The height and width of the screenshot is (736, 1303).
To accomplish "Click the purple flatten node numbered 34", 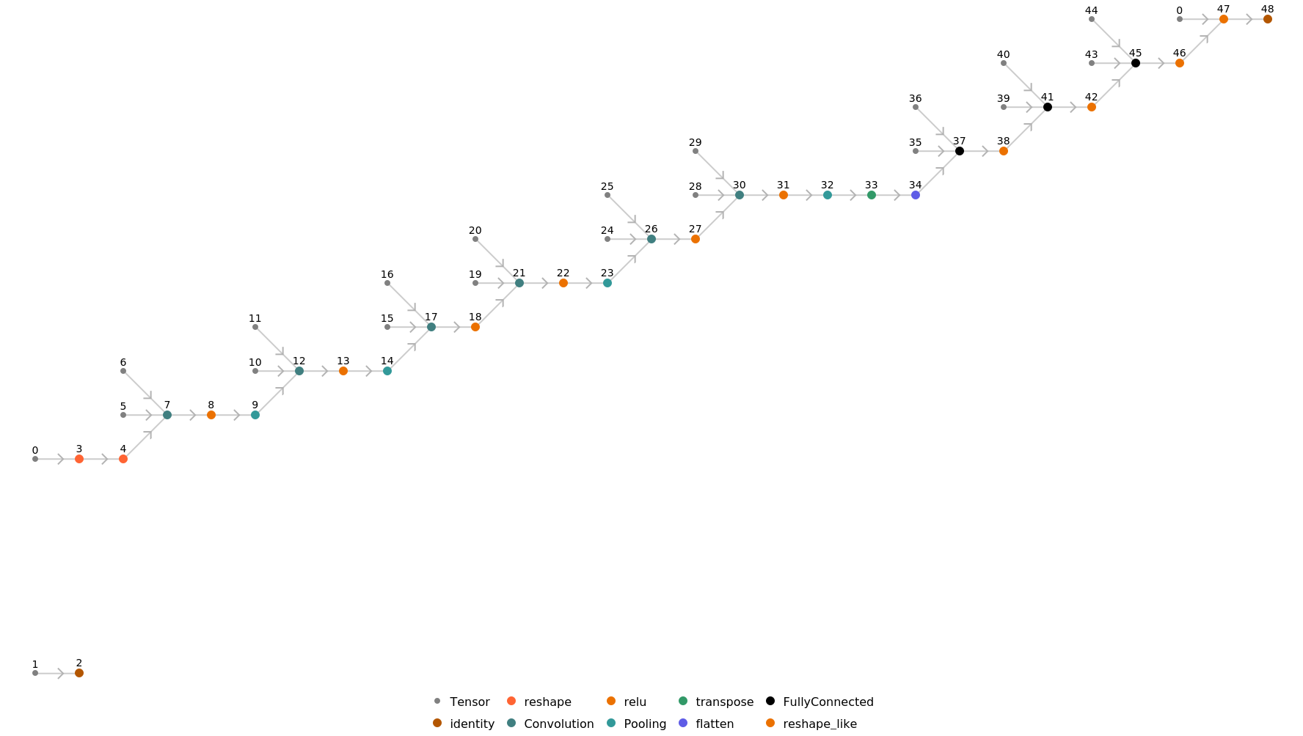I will click(916, 195).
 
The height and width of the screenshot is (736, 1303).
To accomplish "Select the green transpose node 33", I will click(872, 195).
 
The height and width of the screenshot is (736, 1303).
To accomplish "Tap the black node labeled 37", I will click(960, 151).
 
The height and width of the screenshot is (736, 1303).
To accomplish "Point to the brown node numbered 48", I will click(1268, 19).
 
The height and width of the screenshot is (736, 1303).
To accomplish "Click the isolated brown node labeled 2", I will click(79, 673).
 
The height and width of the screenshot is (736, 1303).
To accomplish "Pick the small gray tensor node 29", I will click(696, 151).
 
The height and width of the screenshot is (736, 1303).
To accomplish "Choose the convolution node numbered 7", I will click(167, 415).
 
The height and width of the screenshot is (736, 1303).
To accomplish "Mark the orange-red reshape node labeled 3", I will click(79, 459).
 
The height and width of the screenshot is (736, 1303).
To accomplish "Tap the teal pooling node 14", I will click(387, 371).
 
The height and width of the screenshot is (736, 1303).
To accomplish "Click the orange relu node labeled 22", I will click(563, 283).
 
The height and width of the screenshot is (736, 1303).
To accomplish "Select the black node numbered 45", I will click(1136, 63).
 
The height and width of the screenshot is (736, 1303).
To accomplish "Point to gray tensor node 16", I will click(387, 283).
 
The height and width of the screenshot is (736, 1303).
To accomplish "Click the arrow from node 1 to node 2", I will click(59, 673).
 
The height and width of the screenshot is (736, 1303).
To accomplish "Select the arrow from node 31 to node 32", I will click(807, 195).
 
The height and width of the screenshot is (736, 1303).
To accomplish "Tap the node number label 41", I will click(1047, 97).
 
